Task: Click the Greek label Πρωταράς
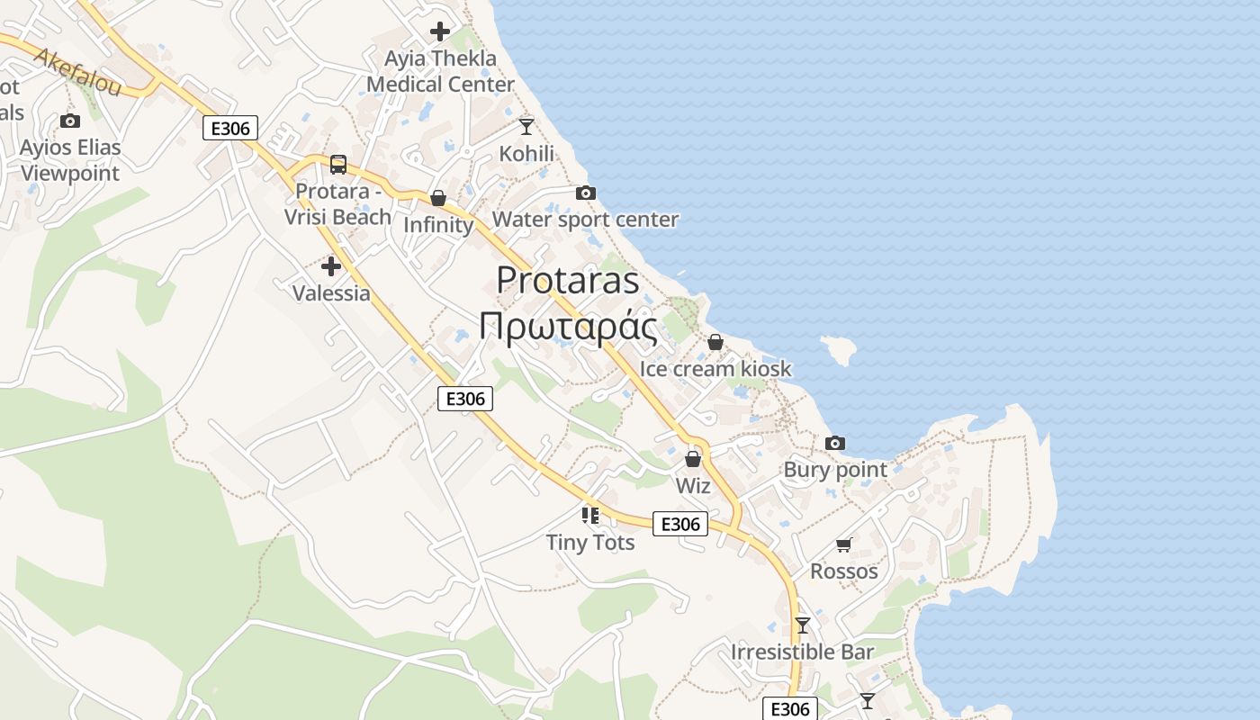568,327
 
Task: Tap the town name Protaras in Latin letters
568,280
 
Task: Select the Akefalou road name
77,72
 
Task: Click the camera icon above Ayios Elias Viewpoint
70,121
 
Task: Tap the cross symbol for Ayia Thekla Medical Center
440,31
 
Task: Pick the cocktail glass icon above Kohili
526,127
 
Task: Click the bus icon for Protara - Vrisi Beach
338,165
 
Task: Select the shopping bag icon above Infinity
438,198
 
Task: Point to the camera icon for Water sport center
586,193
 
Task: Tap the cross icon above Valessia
331,266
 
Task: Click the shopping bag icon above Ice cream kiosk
715,342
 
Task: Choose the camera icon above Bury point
835,443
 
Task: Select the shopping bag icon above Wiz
693,460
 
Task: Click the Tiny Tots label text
590,543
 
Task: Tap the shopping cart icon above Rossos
843,544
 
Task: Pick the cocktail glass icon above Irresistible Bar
803,625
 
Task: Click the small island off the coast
838,349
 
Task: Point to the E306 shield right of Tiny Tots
680,524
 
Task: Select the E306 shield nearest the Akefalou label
230,128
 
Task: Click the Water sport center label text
585,220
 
